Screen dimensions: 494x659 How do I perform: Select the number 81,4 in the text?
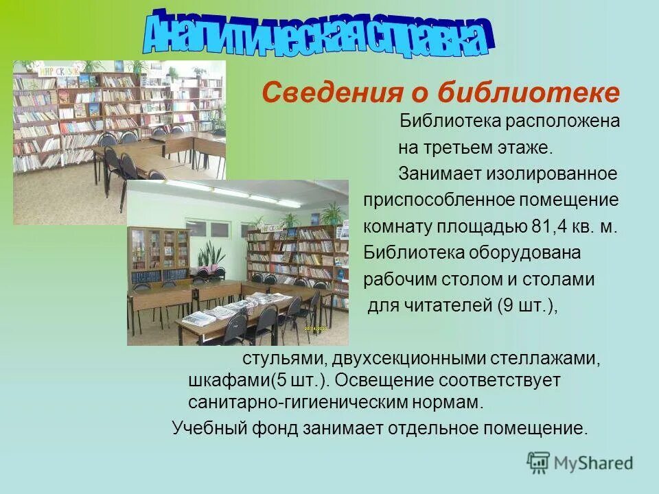(547, 226)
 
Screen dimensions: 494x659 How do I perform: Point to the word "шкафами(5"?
(230, 379)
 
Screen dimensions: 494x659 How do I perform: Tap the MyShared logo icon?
(539, 462)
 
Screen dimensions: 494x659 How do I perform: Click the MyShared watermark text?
(594, 462)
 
